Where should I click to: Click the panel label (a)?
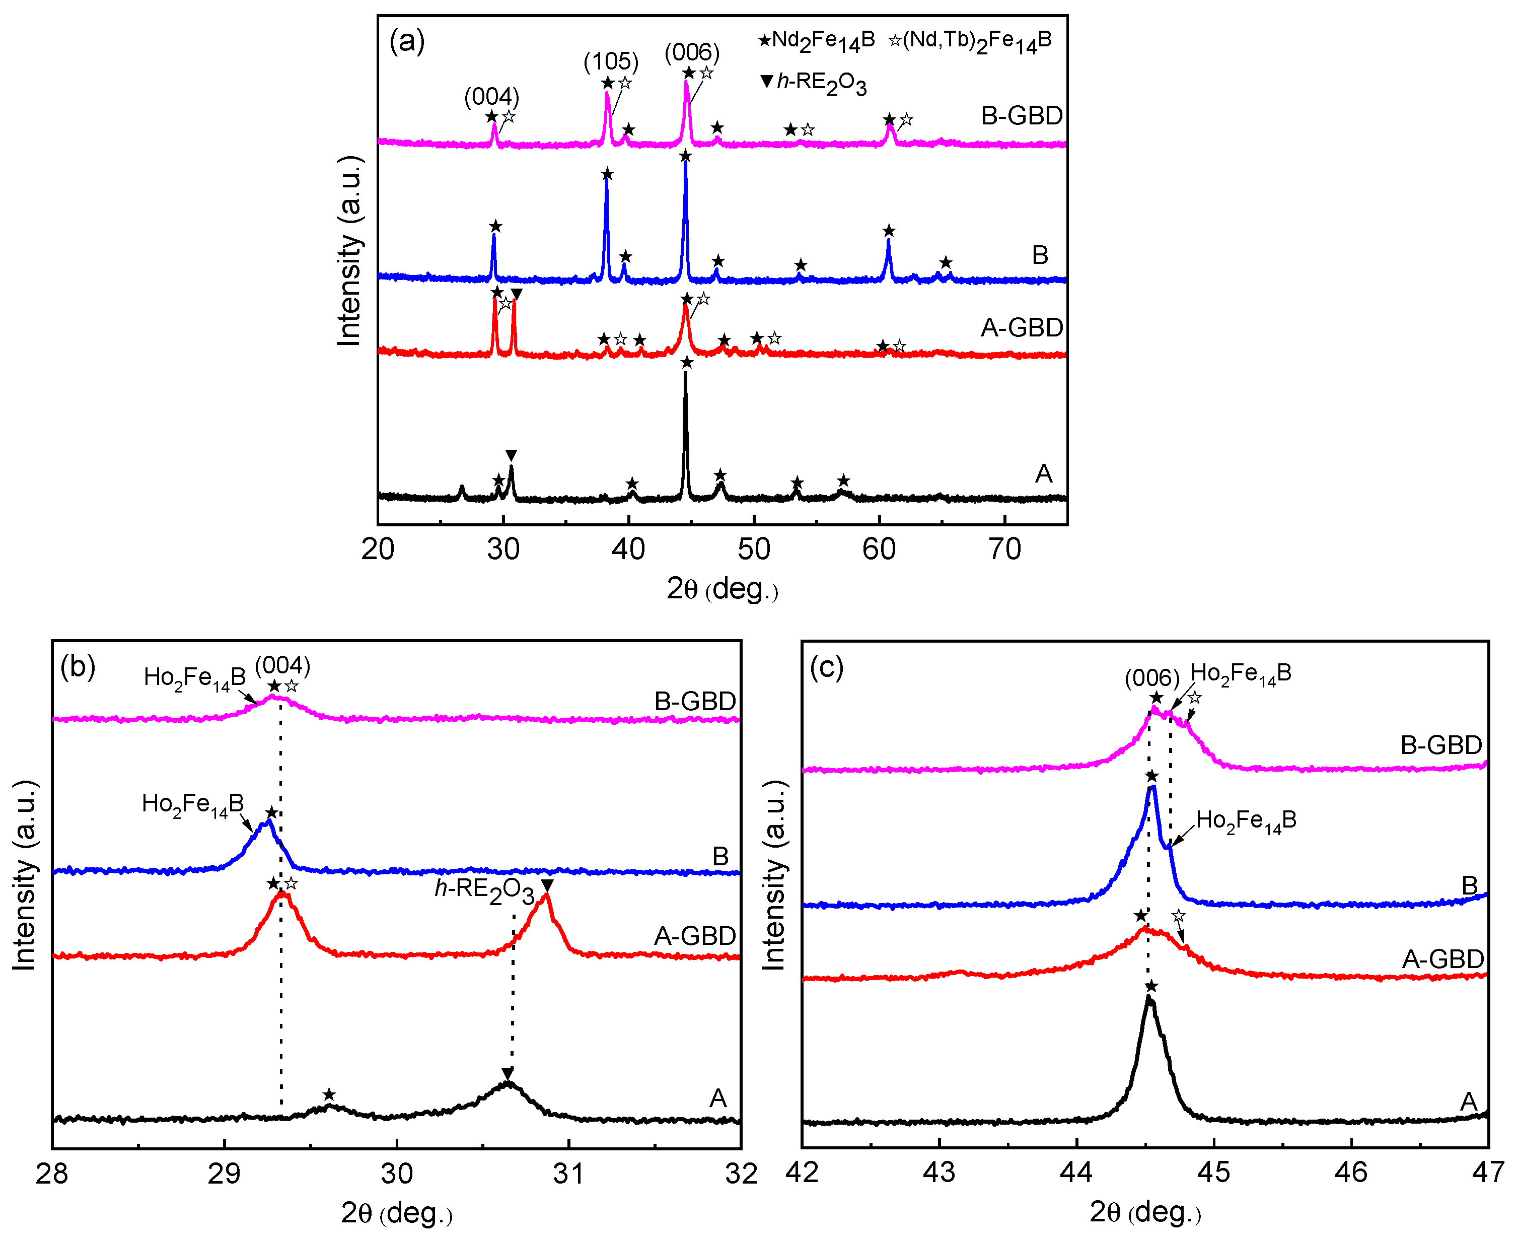pyautogui.click(x=407, y=41)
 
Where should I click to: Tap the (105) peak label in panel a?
pyautogui.click(x=611, y=61)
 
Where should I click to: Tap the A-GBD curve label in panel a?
pyautogui.click(x=1022, y=328)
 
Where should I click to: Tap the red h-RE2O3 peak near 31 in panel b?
pyautogui.click(x=546, y=897)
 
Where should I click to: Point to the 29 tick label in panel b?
pyautogui.click(x=224, y=1173)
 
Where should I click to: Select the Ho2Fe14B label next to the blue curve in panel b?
pyautogui.click(x=193, y=804)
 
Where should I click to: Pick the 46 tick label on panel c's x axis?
pyautogui.click(x=1351, y=1172)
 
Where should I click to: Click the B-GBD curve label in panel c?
pyautogui.click(x=1441, y=745)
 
